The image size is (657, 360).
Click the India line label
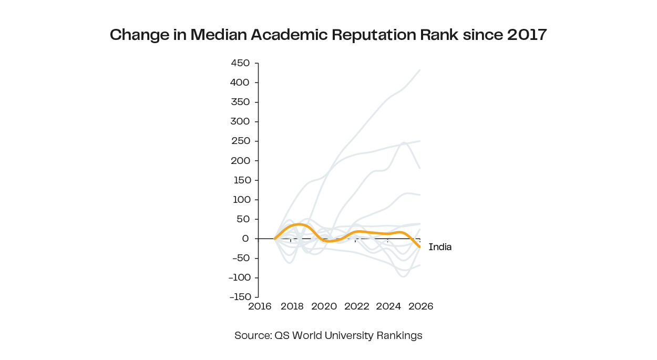tap(440, 247)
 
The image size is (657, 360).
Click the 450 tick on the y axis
tap(240, 63)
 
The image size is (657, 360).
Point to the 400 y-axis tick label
tap(240, 83)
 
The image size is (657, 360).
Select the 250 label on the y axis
tap(240, 141)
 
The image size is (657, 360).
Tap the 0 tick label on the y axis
tap(245, 239)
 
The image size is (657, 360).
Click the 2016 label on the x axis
tap(260, 306)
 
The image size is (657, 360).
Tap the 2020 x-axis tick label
tap(324, 306)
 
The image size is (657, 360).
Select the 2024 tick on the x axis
tap(389, 306)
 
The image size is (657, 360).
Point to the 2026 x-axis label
tap(421, 306)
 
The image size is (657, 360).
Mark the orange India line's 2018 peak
tap(298, 224)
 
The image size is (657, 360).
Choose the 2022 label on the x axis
tap(357, 306)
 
